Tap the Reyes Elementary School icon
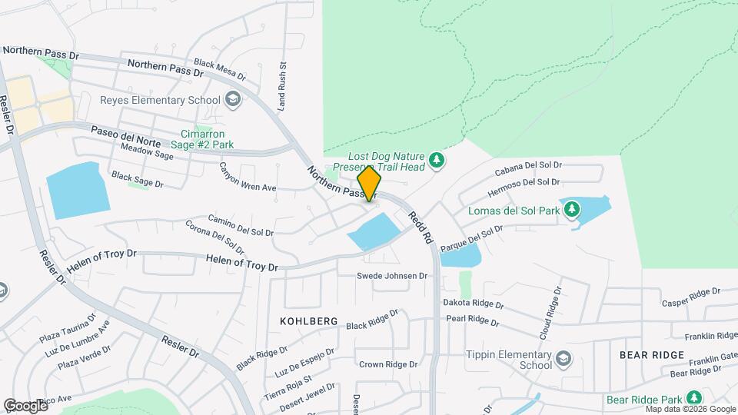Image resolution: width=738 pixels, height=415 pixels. pos(233,100)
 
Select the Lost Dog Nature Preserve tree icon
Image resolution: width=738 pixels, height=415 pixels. pos(437,160)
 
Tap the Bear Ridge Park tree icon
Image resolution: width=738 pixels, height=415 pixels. pos(693,398)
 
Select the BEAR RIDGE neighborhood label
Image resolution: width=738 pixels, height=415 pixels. pos(651,354)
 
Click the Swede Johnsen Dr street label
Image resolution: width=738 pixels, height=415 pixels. pos(392,276)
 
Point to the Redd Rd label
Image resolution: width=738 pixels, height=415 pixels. pos(421,227)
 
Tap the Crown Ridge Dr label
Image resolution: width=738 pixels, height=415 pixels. pos(388,364)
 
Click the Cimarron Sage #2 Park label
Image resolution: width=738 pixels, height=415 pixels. pos(201,138)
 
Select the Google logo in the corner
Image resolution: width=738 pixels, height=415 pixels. pos(25,405)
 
